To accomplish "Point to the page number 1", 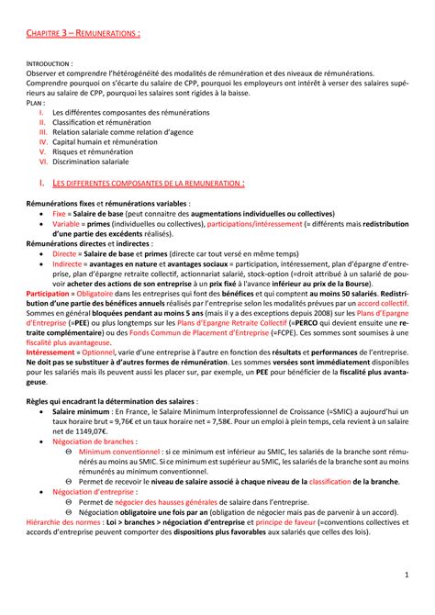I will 407,599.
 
